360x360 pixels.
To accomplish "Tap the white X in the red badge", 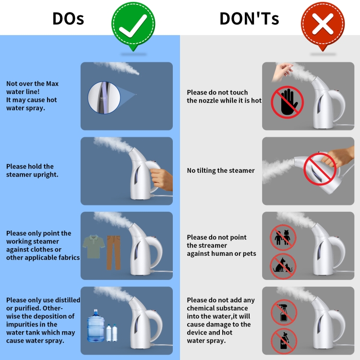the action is [323, 24].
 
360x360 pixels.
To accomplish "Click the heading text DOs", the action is [68, 19].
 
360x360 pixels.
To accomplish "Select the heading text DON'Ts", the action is [249, 18].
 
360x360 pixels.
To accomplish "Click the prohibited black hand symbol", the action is [288, 102].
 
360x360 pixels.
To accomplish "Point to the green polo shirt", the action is [94, 247].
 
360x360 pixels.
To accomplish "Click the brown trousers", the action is [113, 252].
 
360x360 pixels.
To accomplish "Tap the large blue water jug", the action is [96, 325].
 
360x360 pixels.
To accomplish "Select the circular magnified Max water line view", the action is [104, 97].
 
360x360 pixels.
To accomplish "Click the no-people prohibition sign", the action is [283, 238].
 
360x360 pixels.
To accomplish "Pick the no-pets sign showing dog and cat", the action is [283, 266].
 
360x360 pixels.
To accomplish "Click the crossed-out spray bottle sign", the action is [284, 312].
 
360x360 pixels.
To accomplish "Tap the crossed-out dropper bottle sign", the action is [284, 341].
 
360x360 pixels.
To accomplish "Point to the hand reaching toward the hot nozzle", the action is [282, 71].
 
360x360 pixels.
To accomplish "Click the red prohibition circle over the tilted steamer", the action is [320, 169].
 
